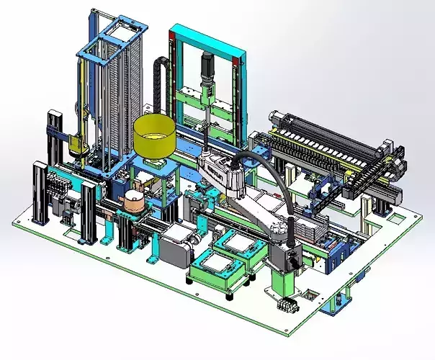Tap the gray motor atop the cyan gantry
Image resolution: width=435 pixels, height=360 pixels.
coord(209,66)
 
